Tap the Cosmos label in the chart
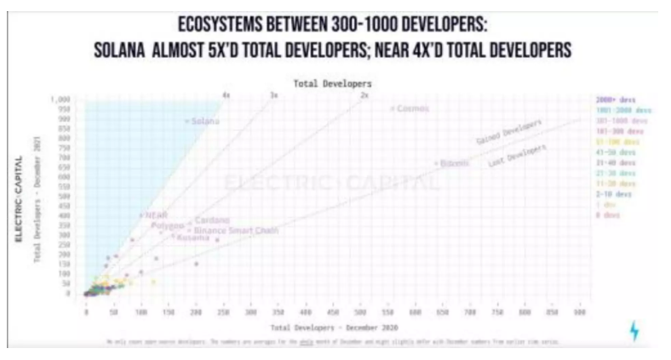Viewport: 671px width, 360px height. pyautogui.click(x=412, y=109)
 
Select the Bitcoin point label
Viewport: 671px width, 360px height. pyautogui.click(x=454, y=162)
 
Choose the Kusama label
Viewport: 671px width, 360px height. pyautogui.click(x=192, y=237)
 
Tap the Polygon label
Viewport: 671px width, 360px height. pyautogui.click(x=168, y=226)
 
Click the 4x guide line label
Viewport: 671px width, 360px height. pyautogui.click(x=226, y=94)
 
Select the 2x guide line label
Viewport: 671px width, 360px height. pyautogui.click(x=364, y=94)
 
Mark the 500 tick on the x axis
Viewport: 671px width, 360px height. pyautogui.click(x=361, y=312)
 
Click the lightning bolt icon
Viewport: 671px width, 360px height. pyautogui.click(x=632, y=330)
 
